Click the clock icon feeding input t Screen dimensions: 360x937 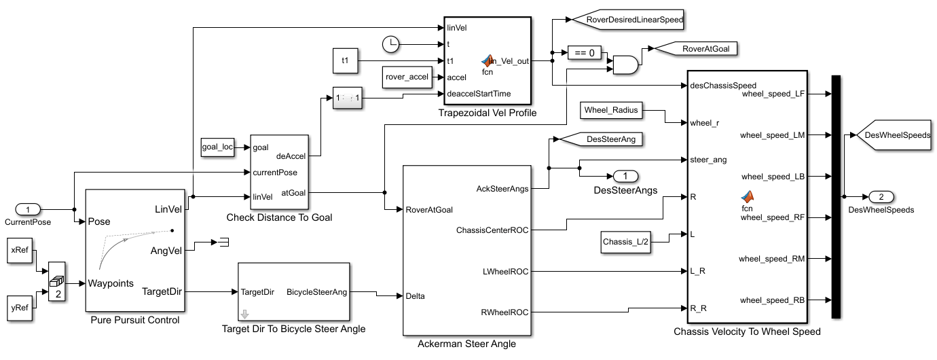pyautogui.click(x=390, y=44)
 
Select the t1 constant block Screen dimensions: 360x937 pyautogui.click(x=345, y=60)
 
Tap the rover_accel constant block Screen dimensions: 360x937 pyautogui.click(x=407, y=77)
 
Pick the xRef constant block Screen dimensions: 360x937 pyautogui.click(x=18, y=249)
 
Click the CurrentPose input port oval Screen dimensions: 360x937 pyautogui.click(x=28, y=209)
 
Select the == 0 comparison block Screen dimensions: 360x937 pyautogui.click(x=584, y=52)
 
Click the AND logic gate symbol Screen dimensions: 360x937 pyautogui.click(x=625, y=65)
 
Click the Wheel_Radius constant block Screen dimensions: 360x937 pyautogui.click(x=612, y=109)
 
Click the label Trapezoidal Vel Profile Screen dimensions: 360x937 pyautogui.click(x=488, y=113)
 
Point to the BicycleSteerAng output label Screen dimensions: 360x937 pyautogui.click(x=316, y=292)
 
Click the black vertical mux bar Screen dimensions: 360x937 pyautogui.click(x=837, y=196)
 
